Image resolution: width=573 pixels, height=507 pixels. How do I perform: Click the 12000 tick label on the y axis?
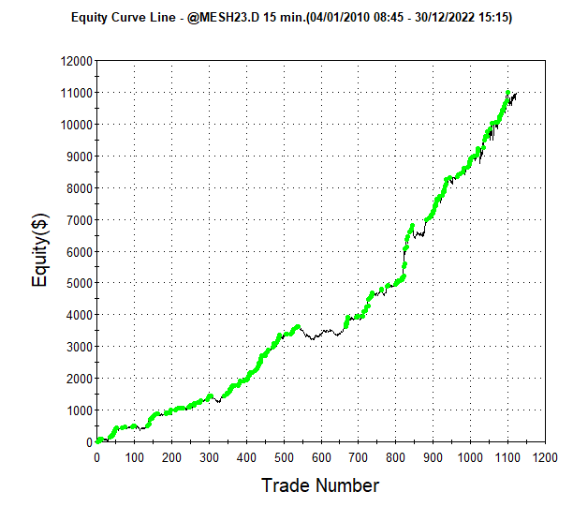point(77,61)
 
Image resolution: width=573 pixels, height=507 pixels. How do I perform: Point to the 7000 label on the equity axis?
point(80,220)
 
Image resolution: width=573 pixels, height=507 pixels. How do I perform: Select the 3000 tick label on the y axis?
point(80,347)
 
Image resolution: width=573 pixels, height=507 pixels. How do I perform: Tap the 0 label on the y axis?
point(89,442)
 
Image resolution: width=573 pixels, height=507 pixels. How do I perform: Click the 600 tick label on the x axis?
point(321,457)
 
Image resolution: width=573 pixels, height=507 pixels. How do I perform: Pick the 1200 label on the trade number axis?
point(545,457)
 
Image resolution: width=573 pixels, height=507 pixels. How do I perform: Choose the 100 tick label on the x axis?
point(135,457)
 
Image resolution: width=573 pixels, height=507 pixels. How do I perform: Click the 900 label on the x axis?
point(433,457)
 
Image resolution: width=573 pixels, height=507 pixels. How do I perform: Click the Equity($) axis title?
point(40,250)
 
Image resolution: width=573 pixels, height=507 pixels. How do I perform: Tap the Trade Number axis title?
point(320,485)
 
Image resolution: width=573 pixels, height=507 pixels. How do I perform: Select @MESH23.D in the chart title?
point(223,17)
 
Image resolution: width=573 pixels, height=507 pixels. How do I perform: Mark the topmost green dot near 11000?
point(507,93)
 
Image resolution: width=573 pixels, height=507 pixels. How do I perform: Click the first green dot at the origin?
point(97,441)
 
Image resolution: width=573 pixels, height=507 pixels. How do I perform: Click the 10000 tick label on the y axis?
point(77,125)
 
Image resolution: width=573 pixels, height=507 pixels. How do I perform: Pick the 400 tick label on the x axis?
point(246,457)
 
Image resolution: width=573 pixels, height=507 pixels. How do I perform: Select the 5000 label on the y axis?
point(80,283)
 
